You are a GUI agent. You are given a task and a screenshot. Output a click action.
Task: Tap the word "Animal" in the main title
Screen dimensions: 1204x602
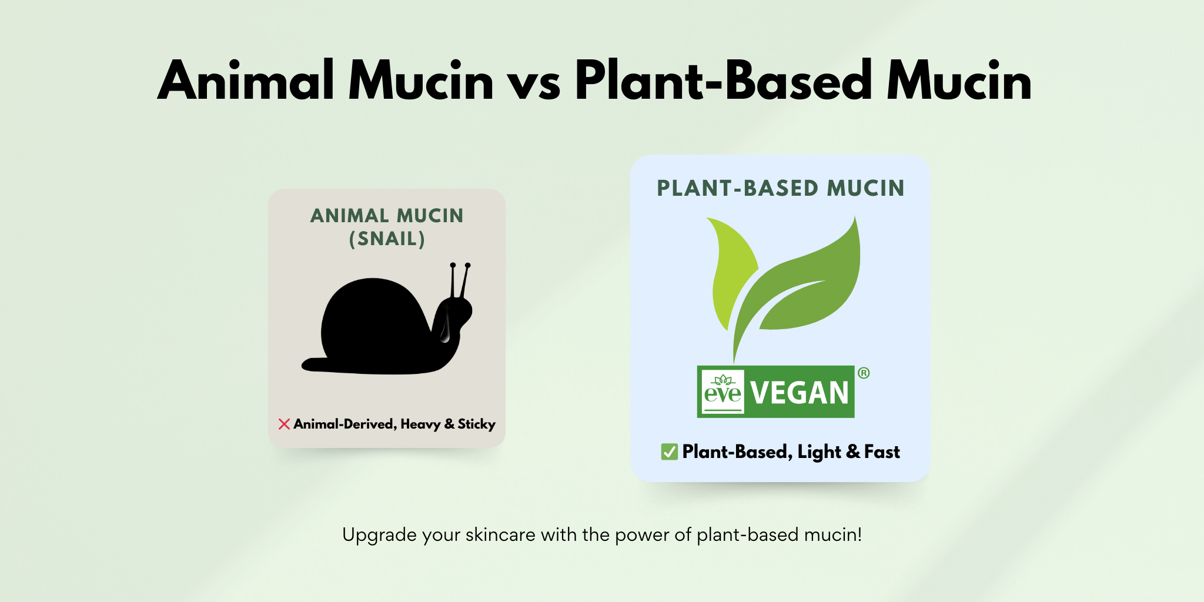tap(246, 80)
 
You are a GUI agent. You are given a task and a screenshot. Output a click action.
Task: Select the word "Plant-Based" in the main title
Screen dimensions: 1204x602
tap(724, 80)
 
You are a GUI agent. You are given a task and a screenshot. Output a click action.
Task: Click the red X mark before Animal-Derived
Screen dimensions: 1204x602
tap(284, 424)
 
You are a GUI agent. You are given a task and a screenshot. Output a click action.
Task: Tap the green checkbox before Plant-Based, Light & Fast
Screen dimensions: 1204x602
tap(669, 451)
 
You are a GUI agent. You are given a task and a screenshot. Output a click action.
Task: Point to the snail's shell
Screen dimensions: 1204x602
tap(373, 323)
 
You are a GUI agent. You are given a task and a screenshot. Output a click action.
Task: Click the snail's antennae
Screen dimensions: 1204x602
tap(460, 280)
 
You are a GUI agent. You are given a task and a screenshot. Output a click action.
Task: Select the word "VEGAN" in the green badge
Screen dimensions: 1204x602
tap(800, 393)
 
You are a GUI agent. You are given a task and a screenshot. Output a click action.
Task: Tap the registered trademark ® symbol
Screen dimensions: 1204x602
tap(864, 373)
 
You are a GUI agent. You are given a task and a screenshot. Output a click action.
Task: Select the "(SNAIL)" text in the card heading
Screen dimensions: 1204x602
tap(387, 239)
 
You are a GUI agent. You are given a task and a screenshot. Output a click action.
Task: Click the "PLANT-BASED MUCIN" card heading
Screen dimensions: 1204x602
tap(781, 188)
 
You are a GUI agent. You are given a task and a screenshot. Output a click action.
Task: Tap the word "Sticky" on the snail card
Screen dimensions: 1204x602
tap(476, 424)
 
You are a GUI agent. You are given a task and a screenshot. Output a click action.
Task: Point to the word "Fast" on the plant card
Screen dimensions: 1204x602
tap(882, 451)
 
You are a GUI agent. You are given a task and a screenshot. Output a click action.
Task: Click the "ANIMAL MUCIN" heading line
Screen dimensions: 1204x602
tap(387, 216)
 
